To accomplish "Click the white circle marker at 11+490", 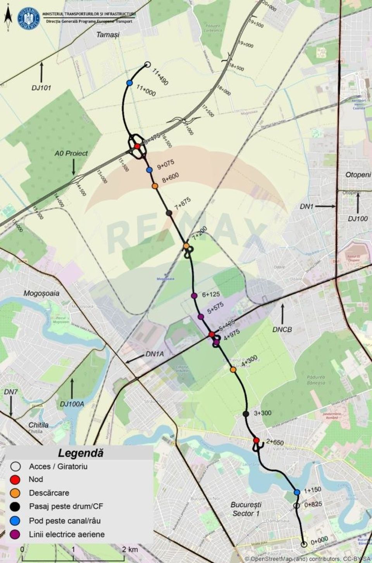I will (x=147, y=65).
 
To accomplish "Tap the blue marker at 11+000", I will (x=129, y=83).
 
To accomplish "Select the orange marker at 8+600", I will (x=155, y=186).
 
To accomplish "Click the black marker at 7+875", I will (x=169, y=213).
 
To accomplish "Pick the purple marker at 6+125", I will (x=195, y=296).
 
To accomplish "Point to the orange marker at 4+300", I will (x=233, y=370).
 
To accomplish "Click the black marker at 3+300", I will (x=245, y=414).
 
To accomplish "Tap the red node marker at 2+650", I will (x=256, y=440).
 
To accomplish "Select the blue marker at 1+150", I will (x=297, y=492).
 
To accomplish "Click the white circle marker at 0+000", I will (x=304, y=544).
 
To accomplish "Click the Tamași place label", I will (x=108, y=35).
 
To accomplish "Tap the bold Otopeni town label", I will (x=358, y=175).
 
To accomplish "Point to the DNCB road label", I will (x=282, y=329).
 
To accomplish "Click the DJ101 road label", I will (x=41, y=88).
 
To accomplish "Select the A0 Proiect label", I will (x=71, y=153).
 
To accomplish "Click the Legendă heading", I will (x=81, y=452).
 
